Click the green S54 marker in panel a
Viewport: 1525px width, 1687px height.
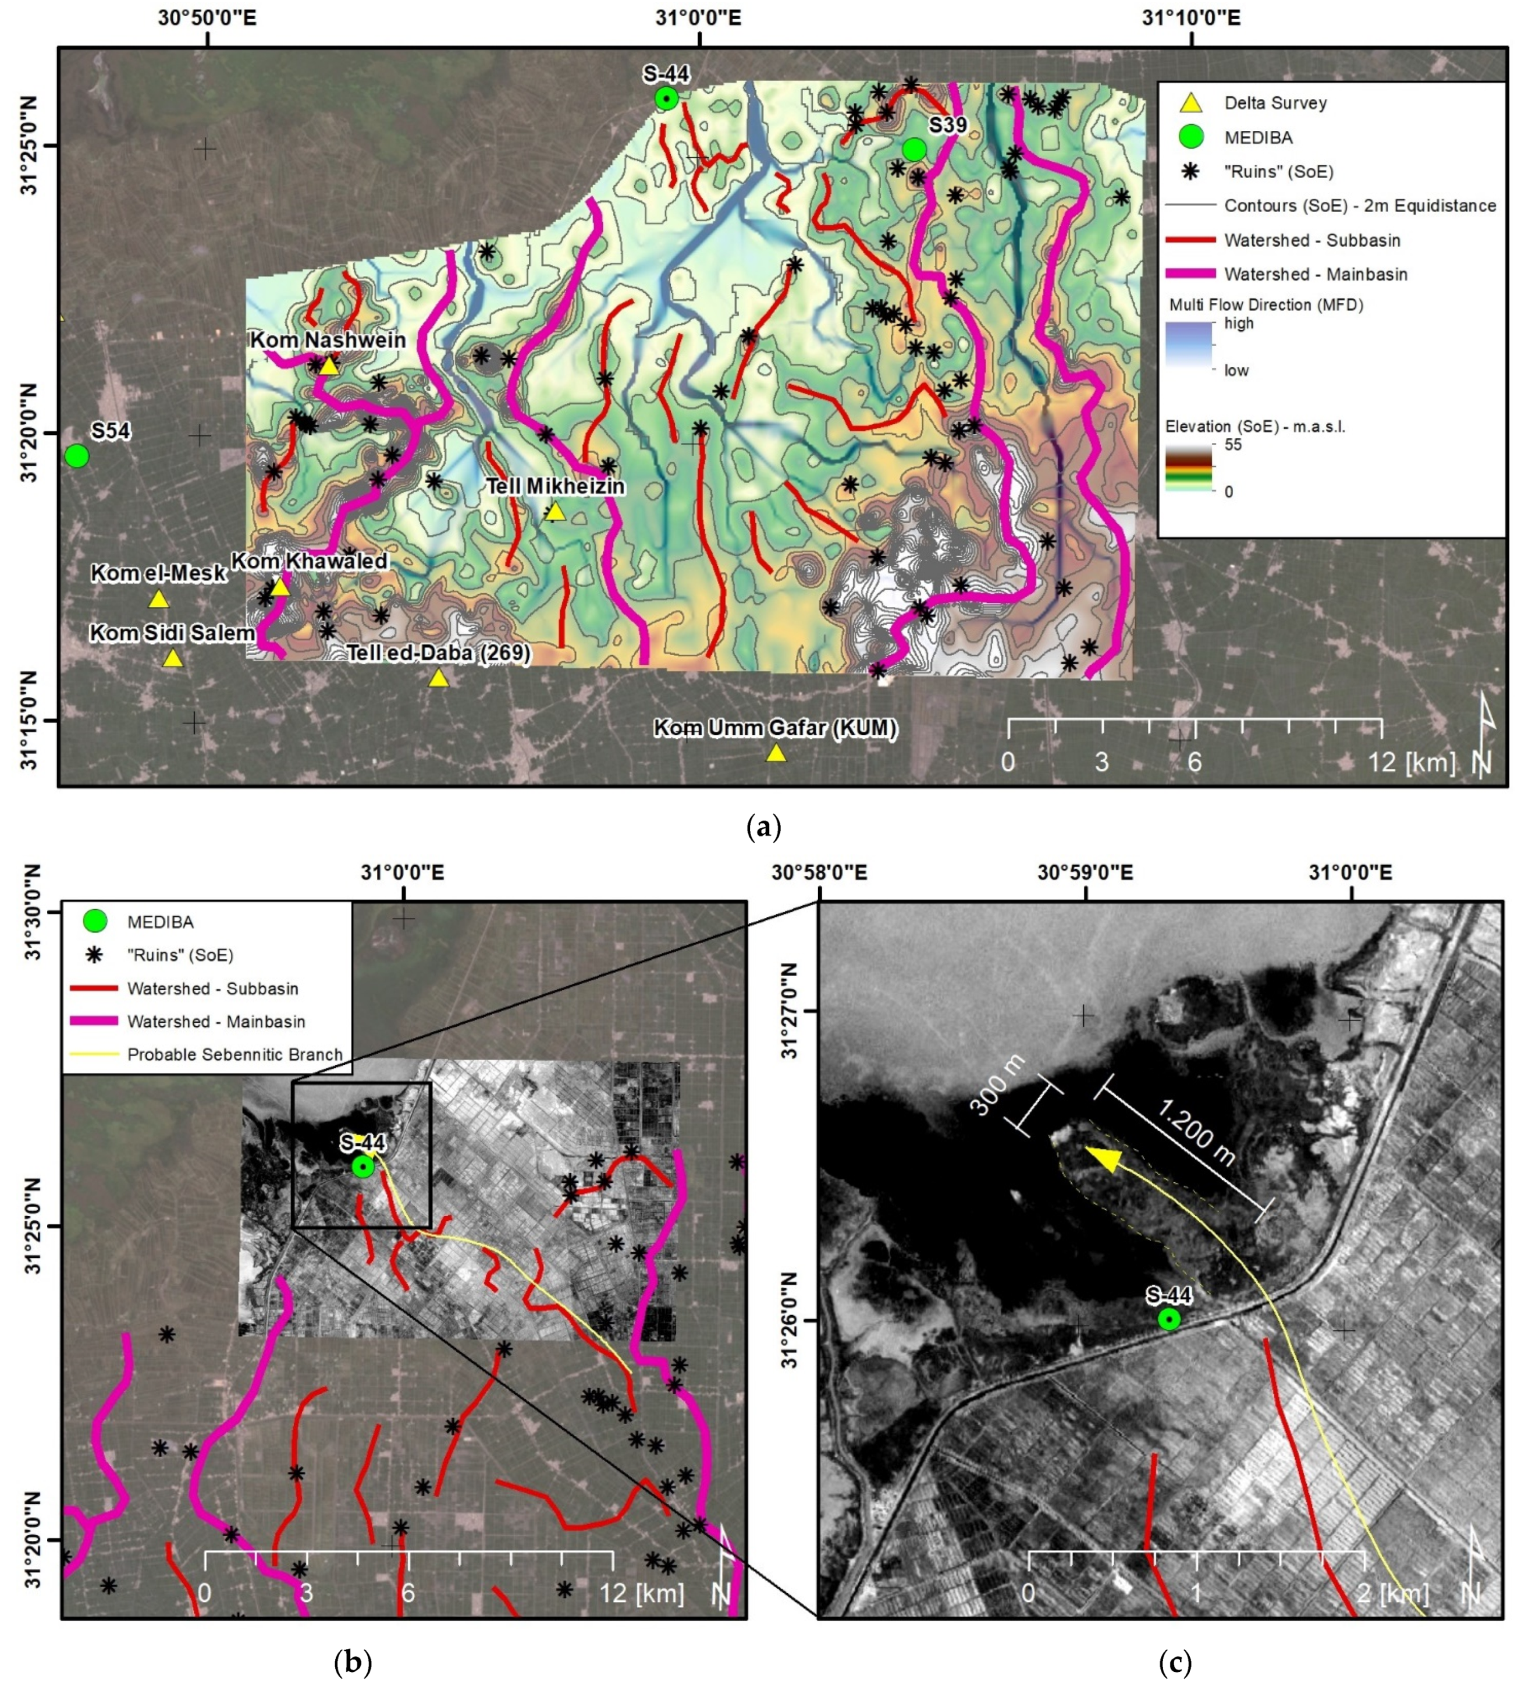coord(76,456)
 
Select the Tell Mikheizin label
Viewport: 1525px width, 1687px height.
coord(556,486)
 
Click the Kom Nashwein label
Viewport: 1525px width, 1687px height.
coord(328,341)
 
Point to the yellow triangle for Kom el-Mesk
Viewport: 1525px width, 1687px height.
coord(158,599)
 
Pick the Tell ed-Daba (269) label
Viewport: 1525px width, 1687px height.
coord(438,653)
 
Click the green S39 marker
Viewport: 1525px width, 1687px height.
coord(913,150)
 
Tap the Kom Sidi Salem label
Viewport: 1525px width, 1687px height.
coord(172,633)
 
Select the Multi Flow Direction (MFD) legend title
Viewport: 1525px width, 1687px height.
coord(1265,304)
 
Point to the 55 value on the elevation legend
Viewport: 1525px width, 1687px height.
coord(1233,444)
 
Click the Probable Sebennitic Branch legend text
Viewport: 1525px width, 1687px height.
coord(235,1054)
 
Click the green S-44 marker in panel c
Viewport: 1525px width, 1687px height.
coord(1169,1319)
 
